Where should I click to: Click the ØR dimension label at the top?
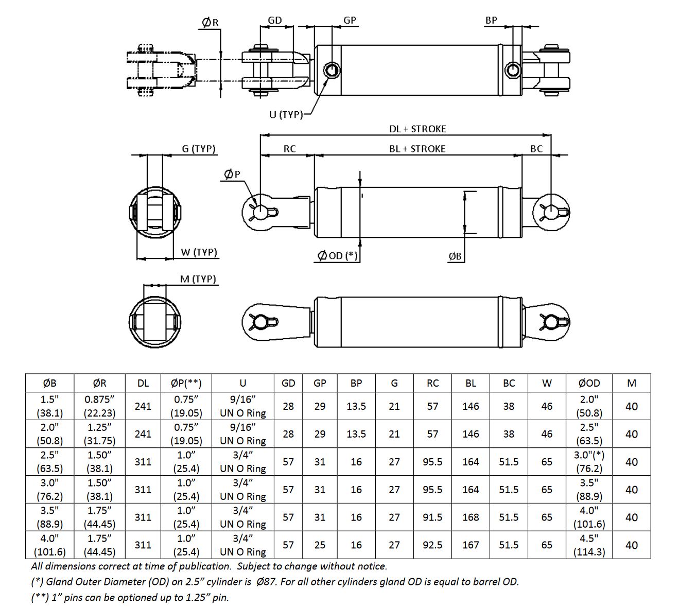click(x=210, y=23)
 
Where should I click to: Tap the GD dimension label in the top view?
click(x=275, y=21)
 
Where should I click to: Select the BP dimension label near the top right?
click(x=491, y=21)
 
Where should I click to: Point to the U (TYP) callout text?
click(x=286, y=115)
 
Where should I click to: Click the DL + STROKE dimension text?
click(x=417, y=129)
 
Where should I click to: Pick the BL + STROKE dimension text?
click(x=417, y=149)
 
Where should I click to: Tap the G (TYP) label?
click(x=198, y=148)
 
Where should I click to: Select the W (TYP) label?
click(x=199, y=252)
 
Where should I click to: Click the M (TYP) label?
click(x=198, y=279)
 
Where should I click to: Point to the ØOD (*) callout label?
click(x=338, y=256)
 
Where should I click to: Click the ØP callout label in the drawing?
click(x=232, y=174)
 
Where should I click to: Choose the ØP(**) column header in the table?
click(x=186, y=383)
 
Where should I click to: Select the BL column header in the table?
click(x=471, y=383)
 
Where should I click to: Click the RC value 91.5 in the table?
click(x=432, y=517)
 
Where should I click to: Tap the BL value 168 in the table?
click(x=471, y=517)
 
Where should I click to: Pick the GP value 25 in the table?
click(x=320, y=545)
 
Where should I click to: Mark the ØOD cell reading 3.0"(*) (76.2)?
click(x=589, y=462)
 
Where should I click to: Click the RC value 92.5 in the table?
click(x=432, y=545)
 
